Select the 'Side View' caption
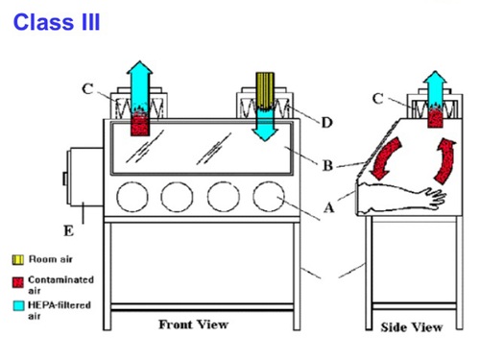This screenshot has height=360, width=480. click(412, 326)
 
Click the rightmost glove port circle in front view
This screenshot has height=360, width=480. click(268, 197)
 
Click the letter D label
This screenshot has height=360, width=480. click(327, 122)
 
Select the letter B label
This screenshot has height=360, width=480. click(327, 166)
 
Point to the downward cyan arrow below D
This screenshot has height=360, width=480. click(262, 126)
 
